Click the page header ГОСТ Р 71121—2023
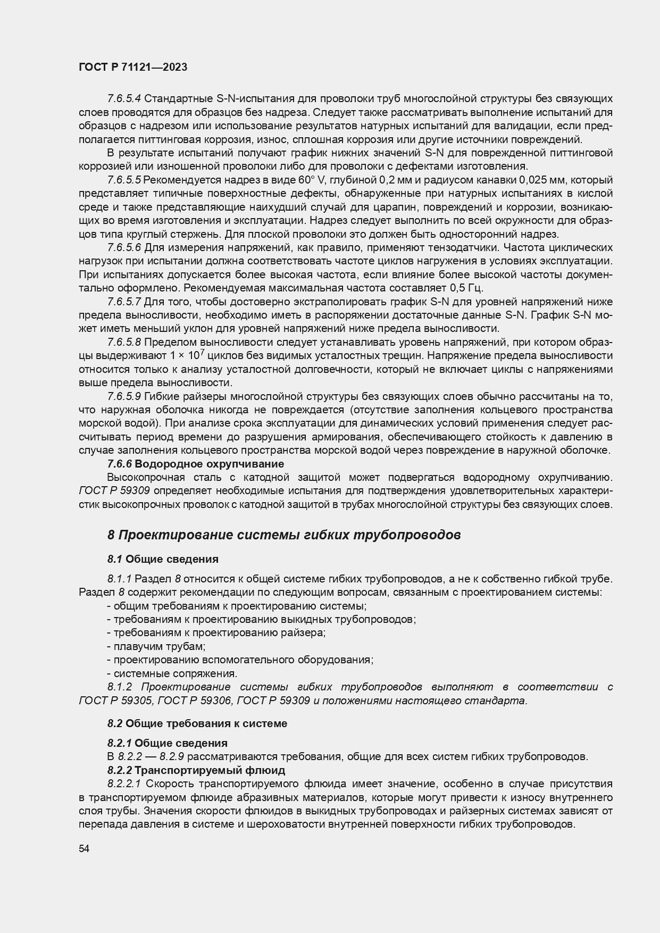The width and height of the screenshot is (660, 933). click(133, 68)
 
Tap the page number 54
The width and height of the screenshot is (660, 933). click(84, 849)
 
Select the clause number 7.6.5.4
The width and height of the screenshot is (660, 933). click(124, 99)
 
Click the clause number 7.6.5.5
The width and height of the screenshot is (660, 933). click(124, 180)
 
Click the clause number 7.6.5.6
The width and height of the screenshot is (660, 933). click(124, 248)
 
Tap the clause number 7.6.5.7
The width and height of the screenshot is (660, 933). click(124, 302)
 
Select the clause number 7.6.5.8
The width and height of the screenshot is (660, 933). click(124, 342)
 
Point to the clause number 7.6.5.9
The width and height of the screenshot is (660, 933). click(124, 396)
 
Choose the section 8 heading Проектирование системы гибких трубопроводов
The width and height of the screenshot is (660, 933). click(284, 535)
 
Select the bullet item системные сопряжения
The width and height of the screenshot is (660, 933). click(172, 673)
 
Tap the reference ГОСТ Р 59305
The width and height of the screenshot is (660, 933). click(115, 701)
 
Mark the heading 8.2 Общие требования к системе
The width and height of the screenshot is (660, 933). click(197, 723)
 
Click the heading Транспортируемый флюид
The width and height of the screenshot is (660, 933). click(210, 770)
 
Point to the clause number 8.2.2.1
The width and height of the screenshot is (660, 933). click(124, 784)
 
